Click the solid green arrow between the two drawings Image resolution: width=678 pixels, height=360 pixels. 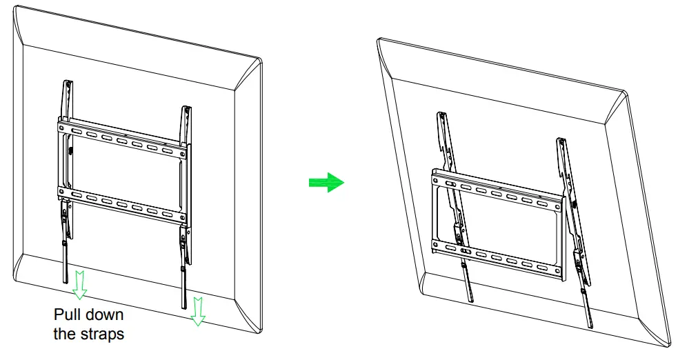pyautogui.click(x=325, y=183)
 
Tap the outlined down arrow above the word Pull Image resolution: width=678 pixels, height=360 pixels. pyautogui.click(x=80, y=284)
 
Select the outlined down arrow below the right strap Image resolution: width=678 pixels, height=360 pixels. pyautogui.click(x=198, y=310)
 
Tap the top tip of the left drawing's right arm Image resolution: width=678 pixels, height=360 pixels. pyautogui.click(x=186, y=108)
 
